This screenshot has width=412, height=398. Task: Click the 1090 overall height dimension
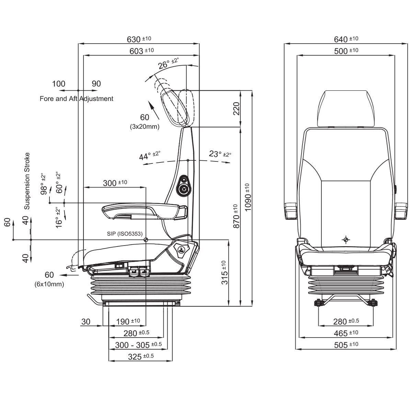coord(249,197)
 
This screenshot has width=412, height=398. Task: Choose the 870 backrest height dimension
coord(236,217)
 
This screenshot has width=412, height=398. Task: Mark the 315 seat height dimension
coord(224,273)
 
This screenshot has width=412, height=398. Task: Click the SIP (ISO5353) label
coord(125,234)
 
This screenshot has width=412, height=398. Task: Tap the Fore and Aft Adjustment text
coord(76,99)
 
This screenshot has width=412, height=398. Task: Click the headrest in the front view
coord(346,108)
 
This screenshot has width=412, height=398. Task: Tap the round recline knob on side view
coord(184,189)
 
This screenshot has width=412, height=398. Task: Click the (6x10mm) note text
coord(49,284)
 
